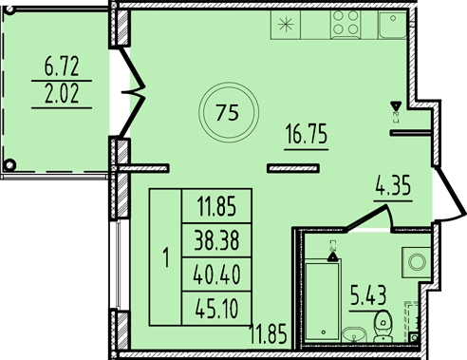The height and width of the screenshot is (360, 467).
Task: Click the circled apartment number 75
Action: point(228,113)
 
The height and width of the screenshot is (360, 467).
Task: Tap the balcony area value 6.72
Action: point(62,66)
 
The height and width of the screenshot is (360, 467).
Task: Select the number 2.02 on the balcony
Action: point(62,93)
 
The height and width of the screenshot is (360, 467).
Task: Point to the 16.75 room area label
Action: point(307,134)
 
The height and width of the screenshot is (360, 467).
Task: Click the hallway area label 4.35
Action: point(393,185)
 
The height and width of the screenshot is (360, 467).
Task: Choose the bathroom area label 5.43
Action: point(368,295)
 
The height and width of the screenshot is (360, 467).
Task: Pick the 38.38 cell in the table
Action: point(216,240)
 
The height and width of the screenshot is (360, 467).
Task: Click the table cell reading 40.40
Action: point(216,275)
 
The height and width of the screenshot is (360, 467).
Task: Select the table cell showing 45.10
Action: point(216,309)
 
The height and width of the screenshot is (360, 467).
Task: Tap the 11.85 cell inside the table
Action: point(216,206)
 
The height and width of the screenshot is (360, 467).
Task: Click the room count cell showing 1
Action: point(166,257)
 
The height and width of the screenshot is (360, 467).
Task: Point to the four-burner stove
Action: point(346,25)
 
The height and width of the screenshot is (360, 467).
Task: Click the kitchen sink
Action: point(393,25)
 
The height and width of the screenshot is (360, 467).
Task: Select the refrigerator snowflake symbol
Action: point(286,25)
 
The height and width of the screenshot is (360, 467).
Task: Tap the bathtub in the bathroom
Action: point(323,299)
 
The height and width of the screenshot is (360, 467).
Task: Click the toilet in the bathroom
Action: point(383,326)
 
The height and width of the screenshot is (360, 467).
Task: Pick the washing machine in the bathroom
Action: point(417,262)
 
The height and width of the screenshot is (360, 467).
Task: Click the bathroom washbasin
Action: point(354,334)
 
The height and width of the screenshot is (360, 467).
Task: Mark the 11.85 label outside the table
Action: point(268,333)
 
